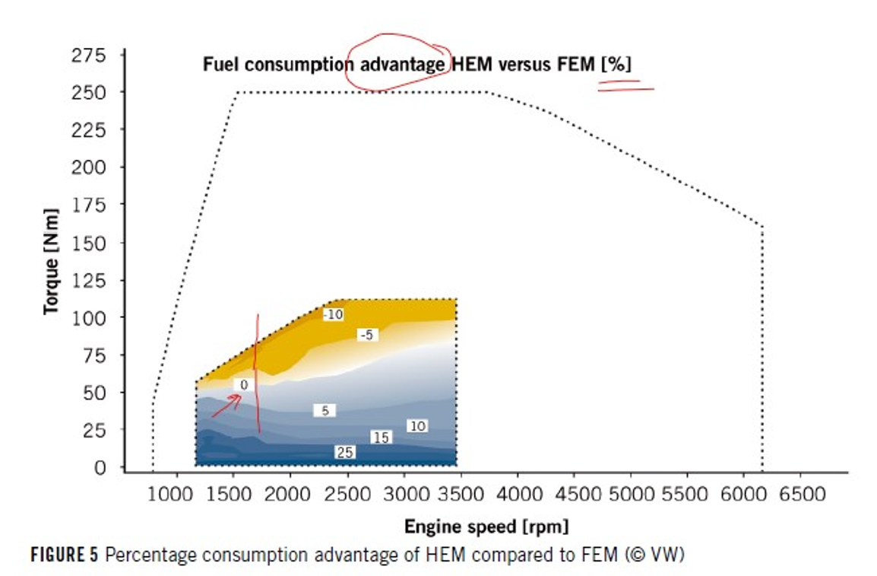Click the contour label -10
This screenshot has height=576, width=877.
[x=334, y=315]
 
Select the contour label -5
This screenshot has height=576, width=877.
[x=367, y=335]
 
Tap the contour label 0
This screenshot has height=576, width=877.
[x=243, y=386]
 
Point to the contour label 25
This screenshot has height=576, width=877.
[x=345, y=453]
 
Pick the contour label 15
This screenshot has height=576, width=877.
[x=382, y=438]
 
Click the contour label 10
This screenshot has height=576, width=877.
[x=417, y=426]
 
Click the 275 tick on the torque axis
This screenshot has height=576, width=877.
[x=90, y=55]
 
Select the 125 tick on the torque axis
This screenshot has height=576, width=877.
[x=90, y=280]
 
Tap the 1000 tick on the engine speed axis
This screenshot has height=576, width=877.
[x=176, y=494]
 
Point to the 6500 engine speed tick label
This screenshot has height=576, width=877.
[x=803, y=494]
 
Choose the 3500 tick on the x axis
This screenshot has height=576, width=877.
[x=461, y=494]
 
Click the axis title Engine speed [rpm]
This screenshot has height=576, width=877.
[x=486, y=526]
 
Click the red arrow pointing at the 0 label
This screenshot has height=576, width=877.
[x=226, y=406]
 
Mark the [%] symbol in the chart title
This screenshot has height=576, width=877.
[x=616, y=64]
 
